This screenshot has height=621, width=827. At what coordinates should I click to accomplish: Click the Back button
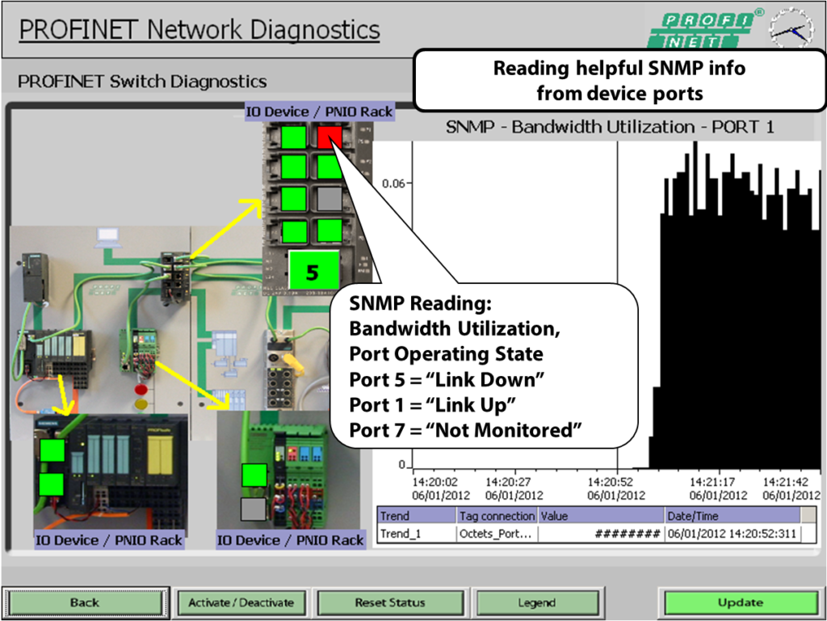(x=84, y=602)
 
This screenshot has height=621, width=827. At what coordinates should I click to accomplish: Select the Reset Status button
(x=389, y=602)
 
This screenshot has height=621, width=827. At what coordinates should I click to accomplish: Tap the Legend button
(x=536, y=602)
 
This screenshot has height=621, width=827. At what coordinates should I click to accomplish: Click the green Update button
(x=740, y=602)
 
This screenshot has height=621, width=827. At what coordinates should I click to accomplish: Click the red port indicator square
(x=330, y=137)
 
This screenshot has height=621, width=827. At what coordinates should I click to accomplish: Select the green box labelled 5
(x=312, y=271)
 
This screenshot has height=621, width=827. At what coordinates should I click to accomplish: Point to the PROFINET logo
(x=704, y=29)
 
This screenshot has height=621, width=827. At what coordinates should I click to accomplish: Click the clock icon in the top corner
(x=791, y=29)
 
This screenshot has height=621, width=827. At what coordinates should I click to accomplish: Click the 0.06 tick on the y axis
(x=393, y=183)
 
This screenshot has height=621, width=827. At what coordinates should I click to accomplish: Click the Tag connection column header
(x=497, y=516)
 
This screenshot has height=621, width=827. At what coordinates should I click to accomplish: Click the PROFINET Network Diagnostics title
(x=199, y=30)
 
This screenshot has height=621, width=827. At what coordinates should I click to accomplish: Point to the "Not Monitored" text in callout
(x=508, y=430)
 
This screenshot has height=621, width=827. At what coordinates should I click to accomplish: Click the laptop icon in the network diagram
(x=107, y=237)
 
